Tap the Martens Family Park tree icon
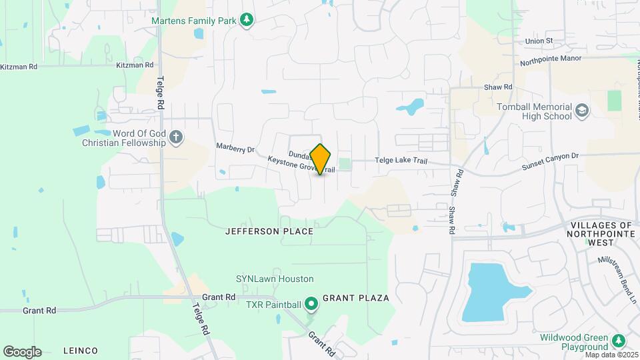point(247,20)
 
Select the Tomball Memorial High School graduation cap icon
point(582,110)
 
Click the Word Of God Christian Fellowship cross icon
point(176,138)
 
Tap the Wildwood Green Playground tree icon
point(619,341)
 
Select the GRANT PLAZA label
point(355,298)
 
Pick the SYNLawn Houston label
point(275,279)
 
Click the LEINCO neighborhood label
point(80,351)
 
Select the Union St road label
point(539,41)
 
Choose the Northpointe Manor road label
point(551,61)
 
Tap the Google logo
point(22,351)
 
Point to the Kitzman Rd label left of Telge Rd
point(19,67)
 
